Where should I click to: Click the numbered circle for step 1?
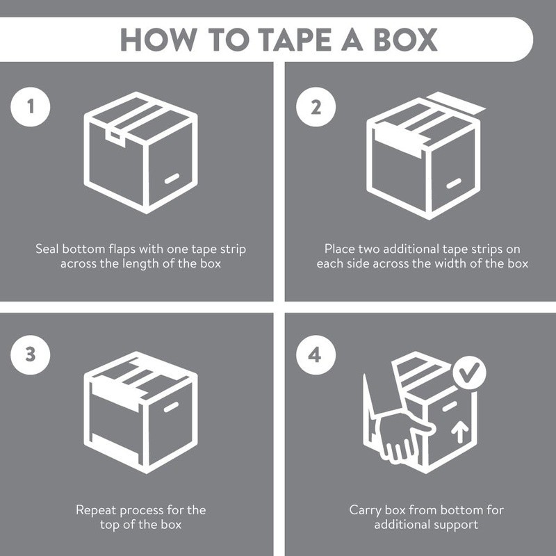[31, 107]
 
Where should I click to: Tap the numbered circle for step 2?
[316, 107]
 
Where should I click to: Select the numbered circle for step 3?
[31, 355]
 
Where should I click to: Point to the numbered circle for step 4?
[316, 355]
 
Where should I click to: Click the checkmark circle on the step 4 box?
[470, 373]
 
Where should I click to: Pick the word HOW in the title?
[159, 40]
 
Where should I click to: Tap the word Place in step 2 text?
[339, 249]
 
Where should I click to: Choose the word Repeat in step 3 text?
[96, 510]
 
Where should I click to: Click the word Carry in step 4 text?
[366, 510]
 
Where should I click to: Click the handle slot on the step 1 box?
[172, 179]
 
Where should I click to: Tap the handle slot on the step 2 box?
[454, 183]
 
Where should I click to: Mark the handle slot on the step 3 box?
[171, 407]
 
